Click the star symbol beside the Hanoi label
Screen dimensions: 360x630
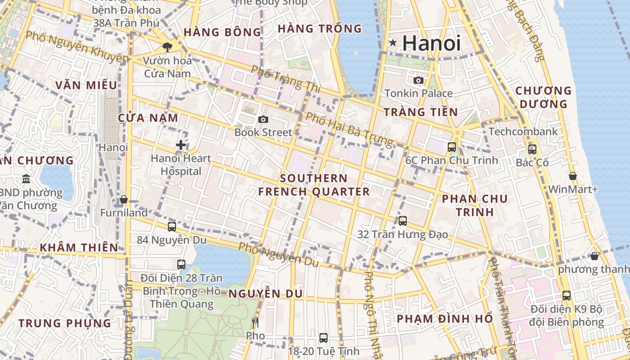coord(393,43)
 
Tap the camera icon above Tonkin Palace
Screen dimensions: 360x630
coord(418,80)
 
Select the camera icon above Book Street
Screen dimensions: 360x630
coord(263,119)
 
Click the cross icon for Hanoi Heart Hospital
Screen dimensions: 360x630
coord(181,145)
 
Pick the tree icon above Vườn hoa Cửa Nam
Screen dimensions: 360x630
coord(167,47)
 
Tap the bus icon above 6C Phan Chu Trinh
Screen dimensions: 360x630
coord(451,147)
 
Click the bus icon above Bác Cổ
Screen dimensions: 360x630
coord(532,149)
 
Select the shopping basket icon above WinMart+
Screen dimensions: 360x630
coord(572,175)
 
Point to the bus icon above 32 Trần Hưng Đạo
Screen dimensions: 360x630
coord(403,221)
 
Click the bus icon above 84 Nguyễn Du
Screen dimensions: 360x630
coord(171,226)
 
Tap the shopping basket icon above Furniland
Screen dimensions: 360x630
coord(124,199)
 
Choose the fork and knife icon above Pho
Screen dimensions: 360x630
coord(255,322)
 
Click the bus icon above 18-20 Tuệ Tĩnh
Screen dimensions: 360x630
coord(323,337)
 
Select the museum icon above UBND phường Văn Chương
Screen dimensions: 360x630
coord(26,179)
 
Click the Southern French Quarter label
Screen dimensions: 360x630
coord(314,185)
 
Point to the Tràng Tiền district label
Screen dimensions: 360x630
coord(420,112)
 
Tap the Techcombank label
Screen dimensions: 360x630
coord(523,132)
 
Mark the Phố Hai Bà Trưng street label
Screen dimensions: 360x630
coord(349,129)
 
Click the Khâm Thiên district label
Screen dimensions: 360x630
coord(79,247)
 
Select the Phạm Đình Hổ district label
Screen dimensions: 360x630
coord(445,319)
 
